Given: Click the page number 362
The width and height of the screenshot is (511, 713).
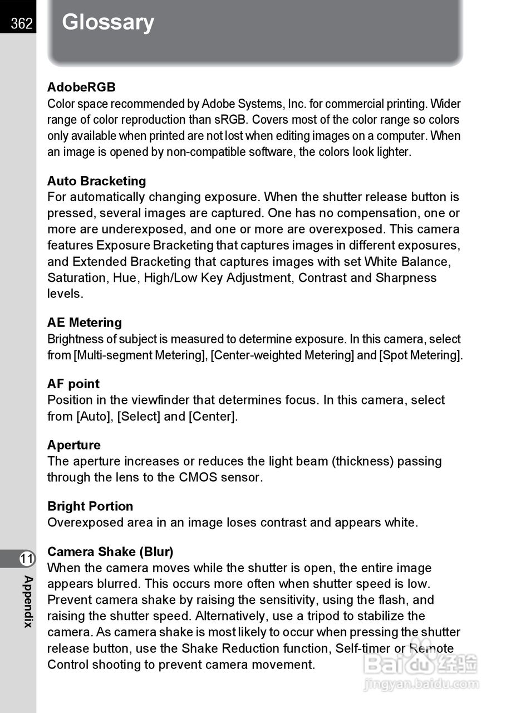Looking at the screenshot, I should point(21,23).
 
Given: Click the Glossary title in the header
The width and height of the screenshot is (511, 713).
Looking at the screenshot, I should point(108,22).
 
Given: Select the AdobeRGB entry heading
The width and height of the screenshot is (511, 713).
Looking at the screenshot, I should point(81,87).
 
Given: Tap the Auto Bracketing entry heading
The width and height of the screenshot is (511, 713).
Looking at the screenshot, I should point(96,181).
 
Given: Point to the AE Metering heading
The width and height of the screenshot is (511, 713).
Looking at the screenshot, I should point(85,323).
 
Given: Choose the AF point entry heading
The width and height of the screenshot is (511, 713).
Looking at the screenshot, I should point(73,384).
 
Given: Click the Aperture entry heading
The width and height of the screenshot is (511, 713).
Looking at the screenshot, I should point(74,445).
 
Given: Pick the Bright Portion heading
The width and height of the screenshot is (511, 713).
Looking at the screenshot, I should point(90,506).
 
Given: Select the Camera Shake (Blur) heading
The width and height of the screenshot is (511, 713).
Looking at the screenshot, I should point(110,552).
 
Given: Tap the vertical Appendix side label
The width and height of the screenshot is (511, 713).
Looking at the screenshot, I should point(28,602).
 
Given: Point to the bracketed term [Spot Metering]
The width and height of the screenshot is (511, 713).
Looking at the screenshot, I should point(421,355).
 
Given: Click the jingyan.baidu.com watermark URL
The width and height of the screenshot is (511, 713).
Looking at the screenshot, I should point(421,684).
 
